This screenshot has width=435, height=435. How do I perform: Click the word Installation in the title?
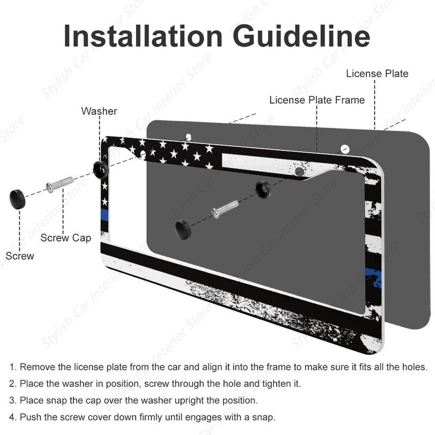143,36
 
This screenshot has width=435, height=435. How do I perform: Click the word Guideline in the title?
302,36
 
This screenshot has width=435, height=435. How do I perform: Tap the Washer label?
99,111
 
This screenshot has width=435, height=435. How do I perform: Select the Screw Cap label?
66,238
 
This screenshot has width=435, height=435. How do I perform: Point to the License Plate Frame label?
317,100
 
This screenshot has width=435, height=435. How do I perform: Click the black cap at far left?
17,199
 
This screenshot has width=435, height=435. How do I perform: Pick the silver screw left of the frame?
60,184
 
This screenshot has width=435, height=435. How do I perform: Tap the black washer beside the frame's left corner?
101,169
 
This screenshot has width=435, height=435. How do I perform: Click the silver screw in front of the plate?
225,209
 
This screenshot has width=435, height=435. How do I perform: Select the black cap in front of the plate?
183,229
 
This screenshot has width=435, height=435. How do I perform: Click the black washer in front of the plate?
263,189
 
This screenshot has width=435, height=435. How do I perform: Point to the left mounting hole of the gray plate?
188,137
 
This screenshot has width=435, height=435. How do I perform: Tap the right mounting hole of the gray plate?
345,149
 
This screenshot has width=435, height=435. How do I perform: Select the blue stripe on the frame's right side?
374,278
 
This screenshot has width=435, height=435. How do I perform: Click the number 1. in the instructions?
13,366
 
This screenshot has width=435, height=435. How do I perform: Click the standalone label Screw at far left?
20,256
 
